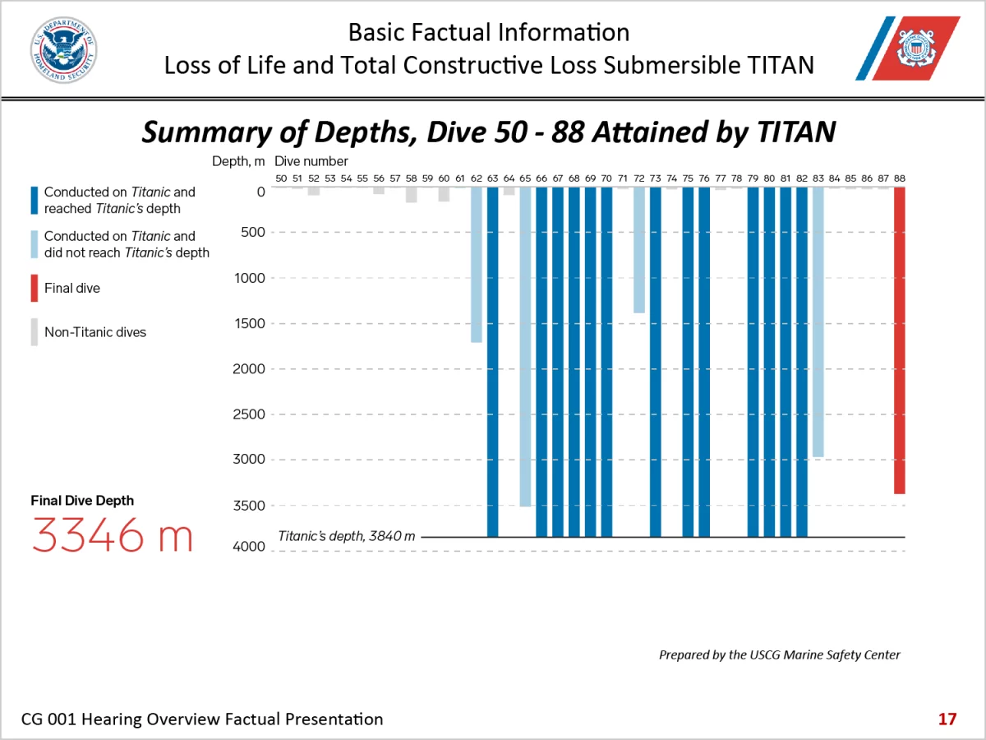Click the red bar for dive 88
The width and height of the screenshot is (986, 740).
click(900, 340)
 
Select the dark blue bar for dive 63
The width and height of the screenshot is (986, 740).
click(492, 362)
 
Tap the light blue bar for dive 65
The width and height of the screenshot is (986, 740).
click(525, 346)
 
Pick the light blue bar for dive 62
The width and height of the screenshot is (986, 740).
click(477, 264)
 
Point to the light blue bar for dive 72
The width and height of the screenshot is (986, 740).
click(639, 250)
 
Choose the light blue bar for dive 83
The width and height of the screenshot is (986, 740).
click(818, 321)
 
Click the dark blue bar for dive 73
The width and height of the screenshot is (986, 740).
click(656, 362)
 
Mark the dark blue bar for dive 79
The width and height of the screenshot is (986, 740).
click(753, 362)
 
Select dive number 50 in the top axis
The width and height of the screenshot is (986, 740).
click(281, 178)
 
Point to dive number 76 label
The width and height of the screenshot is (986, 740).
click(704, 178)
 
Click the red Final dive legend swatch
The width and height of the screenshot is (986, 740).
click(35, 289)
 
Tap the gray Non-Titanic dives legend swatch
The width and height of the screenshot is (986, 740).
click(35, 332)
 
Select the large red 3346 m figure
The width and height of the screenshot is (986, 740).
click(113, 536)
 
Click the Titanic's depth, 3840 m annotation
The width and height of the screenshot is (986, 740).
click(347, 536)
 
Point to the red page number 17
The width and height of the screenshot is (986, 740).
click(947, 719)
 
